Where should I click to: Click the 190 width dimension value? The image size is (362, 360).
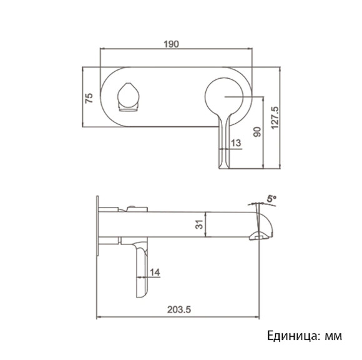[x=172, y=44]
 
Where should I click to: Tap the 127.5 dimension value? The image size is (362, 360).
[x=275, y=117]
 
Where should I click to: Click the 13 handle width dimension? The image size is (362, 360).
[x=236, y=143]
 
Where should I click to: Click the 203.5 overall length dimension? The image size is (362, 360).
[x=179, y=309]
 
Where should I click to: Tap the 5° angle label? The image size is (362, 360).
[x=270, y=198]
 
